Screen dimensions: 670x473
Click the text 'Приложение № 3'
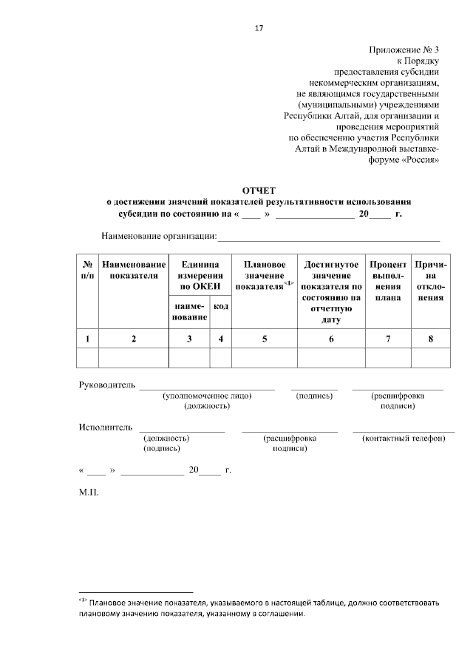click(404, 50)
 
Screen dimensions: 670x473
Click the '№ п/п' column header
click(87, 270)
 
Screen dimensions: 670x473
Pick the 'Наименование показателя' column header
click(134, 270)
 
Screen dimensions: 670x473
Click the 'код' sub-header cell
click(220, 305)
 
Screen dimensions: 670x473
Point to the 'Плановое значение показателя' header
click(265, 275)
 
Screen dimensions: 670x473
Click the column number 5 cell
click(265, 339)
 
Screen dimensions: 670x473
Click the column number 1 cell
click(87, 339)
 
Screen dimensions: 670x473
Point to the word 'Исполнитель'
click(106, 427)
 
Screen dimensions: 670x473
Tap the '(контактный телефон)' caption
click(404, 439)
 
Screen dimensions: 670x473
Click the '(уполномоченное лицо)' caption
click(208, 396)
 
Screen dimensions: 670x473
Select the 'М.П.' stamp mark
click(88, 490)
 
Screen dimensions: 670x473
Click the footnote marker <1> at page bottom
click(84, 600)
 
